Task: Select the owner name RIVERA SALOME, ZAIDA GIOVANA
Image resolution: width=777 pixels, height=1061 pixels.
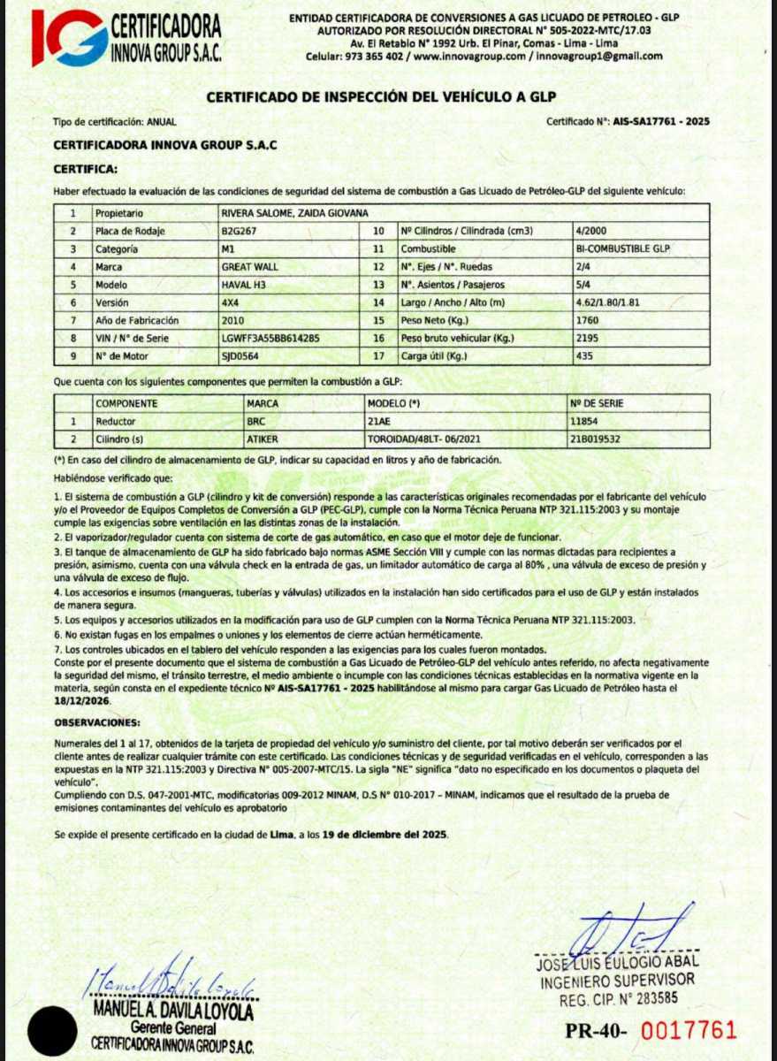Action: [294, 213]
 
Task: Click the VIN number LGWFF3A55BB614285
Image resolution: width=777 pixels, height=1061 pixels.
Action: [270, 338]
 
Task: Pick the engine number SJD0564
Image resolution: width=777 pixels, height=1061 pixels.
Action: [240, 355]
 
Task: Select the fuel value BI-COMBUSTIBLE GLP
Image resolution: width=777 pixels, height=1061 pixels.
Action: [622, 249]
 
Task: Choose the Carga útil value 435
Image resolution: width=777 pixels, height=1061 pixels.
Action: [583, 355]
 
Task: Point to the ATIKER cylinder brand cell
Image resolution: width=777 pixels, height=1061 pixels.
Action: [263, 438]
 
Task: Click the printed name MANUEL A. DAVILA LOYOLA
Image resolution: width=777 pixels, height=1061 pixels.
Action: [173, 1010]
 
